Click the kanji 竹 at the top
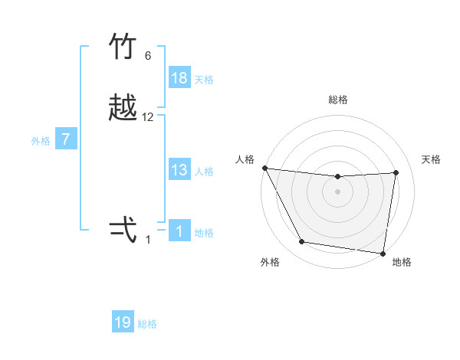123,48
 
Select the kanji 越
123,109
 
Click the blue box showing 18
179,78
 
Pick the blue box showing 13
179,170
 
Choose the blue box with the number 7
67,139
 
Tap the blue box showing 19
123,322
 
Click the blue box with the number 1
179,231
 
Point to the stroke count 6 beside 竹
148,56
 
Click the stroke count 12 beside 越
148,117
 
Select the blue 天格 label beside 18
204,80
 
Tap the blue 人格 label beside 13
204,172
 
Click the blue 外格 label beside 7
41,141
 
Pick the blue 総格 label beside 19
147,324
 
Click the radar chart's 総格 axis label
338,100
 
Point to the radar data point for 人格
264,168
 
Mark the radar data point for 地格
383,253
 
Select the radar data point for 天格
396,172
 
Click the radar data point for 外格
302,243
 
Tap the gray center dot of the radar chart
338,191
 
